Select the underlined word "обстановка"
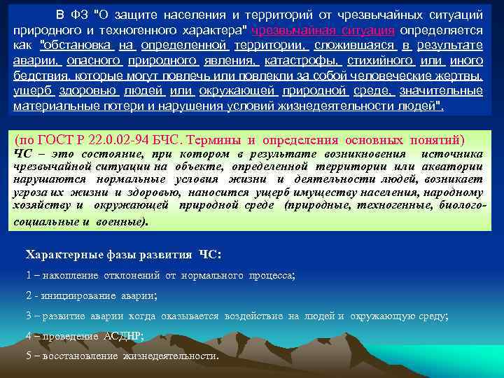[x=78, y=45]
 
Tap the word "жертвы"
[x=461, y=76]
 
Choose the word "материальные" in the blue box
[x=48, y=107]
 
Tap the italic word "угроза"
[x=29, y=192]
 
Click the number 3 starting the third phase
[x=28, y=316]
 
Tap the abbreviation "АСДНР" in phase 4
[x=122, y=335]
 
